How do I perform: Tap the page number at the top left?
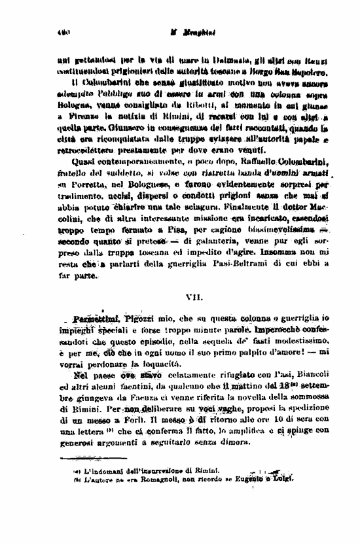click(x=64, y=31)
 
